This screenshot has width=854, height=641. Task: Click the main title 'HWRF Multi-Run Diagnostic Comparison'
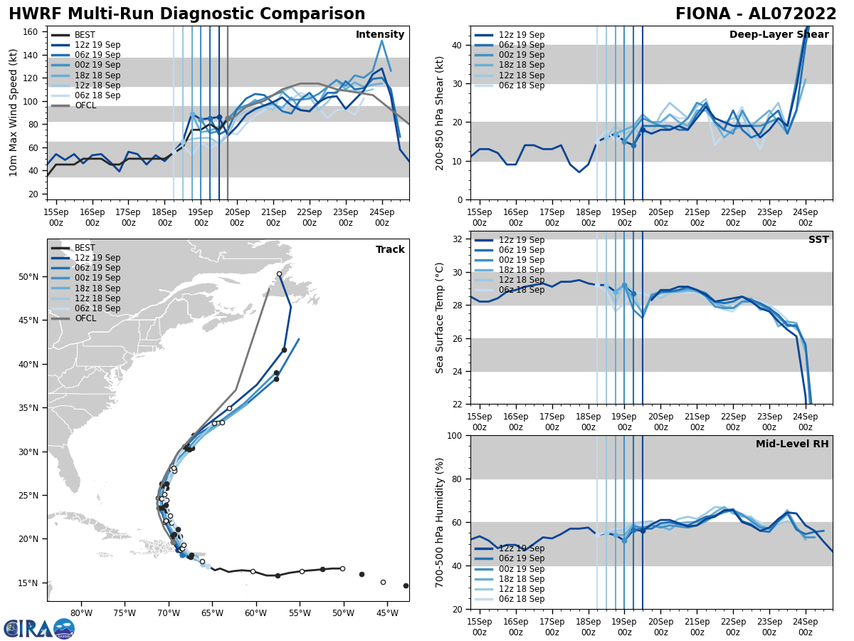click(186, 14)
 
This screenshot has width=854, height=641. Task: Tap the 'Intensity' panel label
click(380, 35)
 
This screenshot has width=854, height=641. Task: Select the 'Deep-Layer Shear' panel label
click(779, 35)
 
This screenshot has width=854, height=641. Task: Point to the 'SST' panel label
click(818, 240)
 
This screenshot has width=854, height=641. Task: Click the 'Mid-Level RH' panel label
click(792, 444)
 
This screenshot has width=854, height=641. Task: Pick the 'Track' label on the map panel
click(390, 250)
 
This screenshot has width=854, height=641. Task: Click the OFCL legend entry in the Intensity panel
click(85, 105)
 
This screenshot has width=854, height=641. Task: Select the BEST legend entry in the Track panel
click(85, 248)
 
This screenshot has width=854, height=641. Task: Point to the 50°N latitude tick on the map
click(28, 276)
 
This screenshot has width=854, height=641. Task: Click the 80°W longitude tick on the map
click(82, 613)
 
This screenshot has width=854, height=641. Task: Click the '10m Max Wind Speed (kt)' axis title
click(14, 113)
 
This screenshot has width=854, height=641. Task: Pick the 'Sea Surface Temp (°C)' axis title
click(440, 318)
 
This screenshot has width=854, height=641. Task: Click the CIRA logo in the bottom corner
click(39, 629)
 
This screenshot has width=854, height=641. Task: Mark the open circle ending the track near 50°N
click(279, 274)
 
